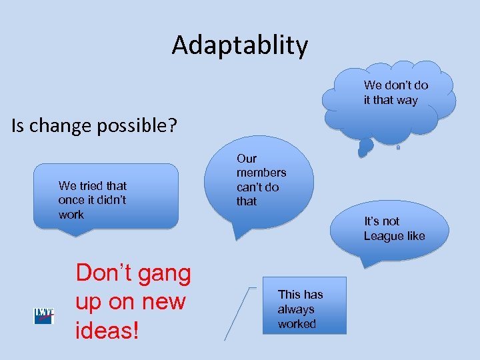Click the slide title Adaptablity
[x=240, y=45]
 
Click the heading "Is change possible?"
[x=94, y=125]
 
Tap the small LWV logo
[x=44, y=316]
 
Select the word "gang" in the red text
[x=161, y=273]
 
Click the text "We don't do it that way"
[x=395, y=93]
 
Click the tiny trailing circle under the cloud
[x=398, y=148]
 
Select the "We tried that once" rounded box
[x=107, y=197]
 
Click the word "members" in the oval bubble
[x=261, y=173]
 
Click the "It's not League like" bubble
[x=389, y=230]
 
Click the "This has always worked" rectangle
[x=304, y=305]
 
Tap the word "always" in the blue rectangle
[x=296, y=309]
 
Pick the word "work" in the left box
[x=71, y=215]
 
